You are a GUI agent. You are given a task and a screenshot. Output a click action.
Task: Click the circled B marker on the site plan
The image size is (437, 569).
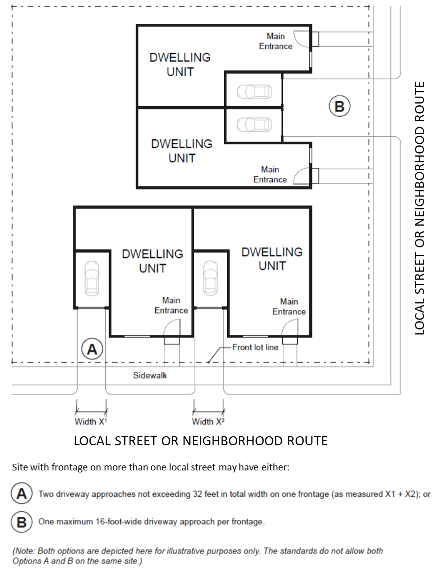(339, 106)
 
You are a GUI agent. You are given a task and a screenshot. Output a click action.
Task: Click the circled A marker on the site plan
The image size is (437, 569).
(92, 349)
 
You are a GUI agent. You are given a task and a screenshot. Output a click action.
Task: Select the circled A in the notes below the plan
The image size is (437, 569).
(22, 493)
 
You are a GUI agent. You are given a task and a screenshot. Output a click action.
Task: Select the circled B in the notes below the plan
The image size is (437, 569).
(22, 522)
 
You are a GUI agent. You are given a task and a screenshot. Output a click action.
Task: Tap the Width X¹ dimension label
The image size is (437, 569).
(91, 422)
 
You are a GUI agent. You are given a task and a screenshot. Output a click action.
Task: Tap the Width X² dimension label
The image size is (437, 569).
(208, 422)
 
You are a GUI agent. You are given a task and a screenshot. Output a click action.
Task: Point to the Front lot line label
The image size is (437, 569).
(255, 347)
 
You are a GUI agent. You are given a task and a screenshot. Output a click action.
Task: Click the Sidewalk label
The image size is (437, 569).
(150, 375)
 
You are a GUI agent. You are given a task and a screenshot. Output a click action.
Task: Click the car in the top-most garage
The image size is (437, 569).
(255, 92)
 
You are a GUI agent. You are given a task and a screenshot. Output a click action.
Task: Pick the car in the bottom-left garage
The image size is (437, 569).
(92, 277)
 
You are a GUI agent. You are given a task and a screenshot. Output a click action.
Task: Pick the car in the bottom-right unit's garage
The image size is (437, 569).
(211, 277)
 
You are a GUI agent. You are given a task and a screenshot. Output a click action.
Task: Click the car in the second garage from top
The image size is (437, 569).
(255, 124)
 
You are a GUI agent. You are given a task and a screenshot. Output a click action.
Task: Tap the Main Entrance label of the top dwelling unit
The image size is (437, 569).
(276, 42)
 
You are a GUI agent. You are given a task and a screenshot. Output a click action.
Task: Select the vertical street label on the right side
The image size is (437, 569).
(419, 208)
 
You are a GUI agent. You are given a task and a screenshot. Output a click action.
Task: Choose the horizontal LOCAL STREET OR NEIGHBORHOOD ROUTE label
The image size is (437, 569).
(201, 441)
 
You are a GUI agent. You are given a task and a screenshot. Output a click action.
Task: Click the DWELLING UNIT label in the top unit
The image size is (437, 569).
(180, 65)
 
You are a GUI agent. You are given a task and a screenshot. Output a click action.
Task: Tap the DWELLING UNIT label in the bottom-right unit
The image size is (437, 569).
(272, 259)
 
